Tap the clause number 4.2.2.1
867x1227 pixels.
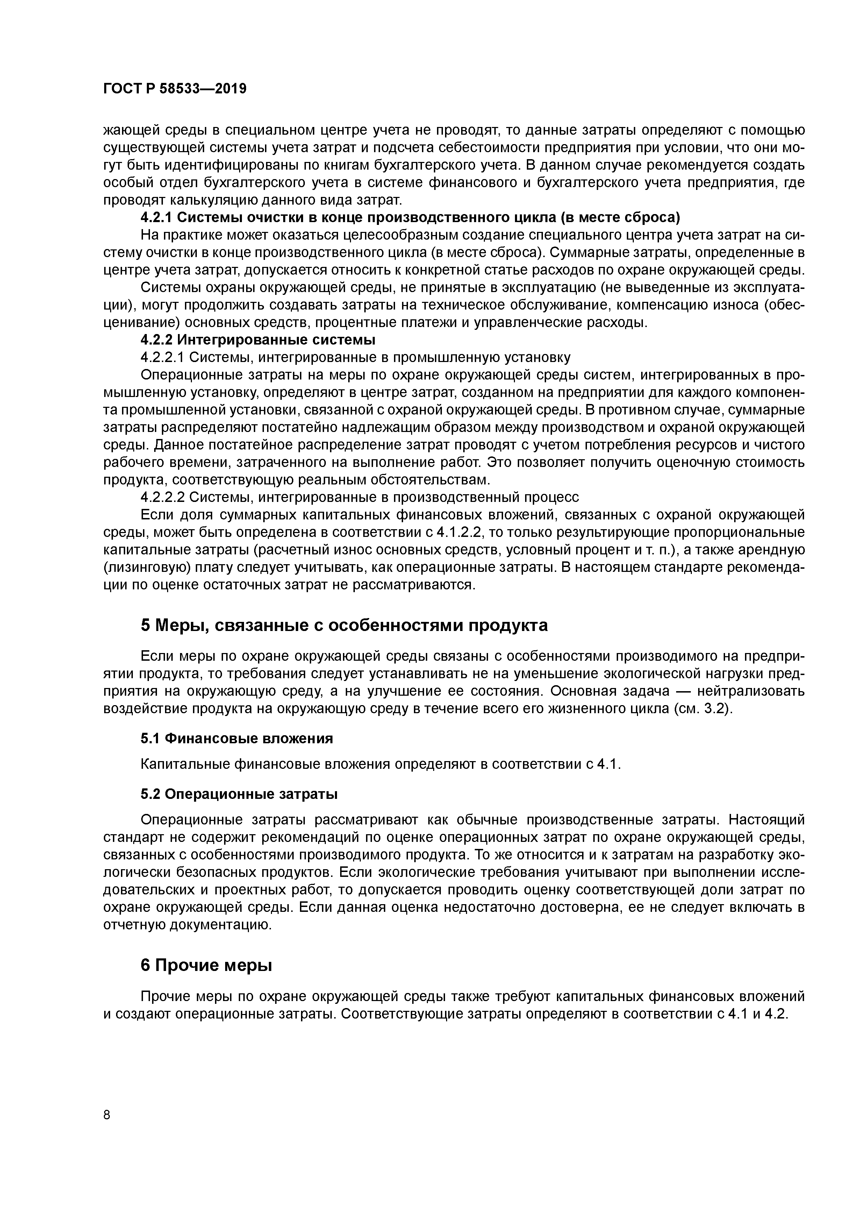163,357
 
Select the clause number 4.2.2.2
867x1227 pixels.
163,497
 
